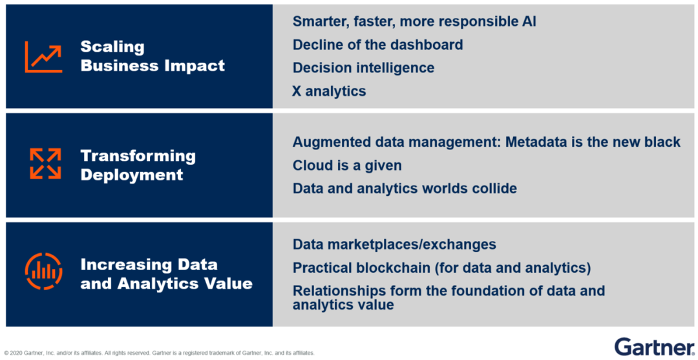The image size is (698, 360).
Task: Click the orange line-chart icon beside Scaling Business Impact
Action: pos(43,56)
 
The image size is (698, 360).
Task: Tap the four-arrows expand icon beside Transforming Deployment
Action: pos(45,164)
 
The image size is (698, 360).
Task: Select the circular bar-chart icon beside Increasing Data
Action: pos(44,271)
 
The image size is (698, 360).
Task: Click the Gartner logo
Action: pos(653,347)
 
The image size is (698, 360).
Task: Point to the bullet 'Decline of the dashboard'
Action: pos(377,45)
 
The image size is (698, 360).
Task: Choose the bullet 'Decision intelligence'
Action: pos(363,68)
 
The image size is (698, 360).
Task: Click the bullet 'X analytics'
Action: pos(329,91)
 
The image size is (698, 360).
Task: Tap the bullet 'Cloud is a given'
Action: pos(347,165)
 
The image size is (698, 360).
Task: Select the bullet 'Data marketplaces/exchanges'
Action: pos(394,244)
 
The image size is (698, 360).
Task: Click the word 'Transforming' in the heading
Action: pos(138,156)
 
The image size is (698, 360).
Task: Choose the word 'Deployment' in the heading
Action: pos(132,175)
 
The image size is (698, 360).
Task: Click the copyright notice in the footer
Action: pos(160,353)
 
